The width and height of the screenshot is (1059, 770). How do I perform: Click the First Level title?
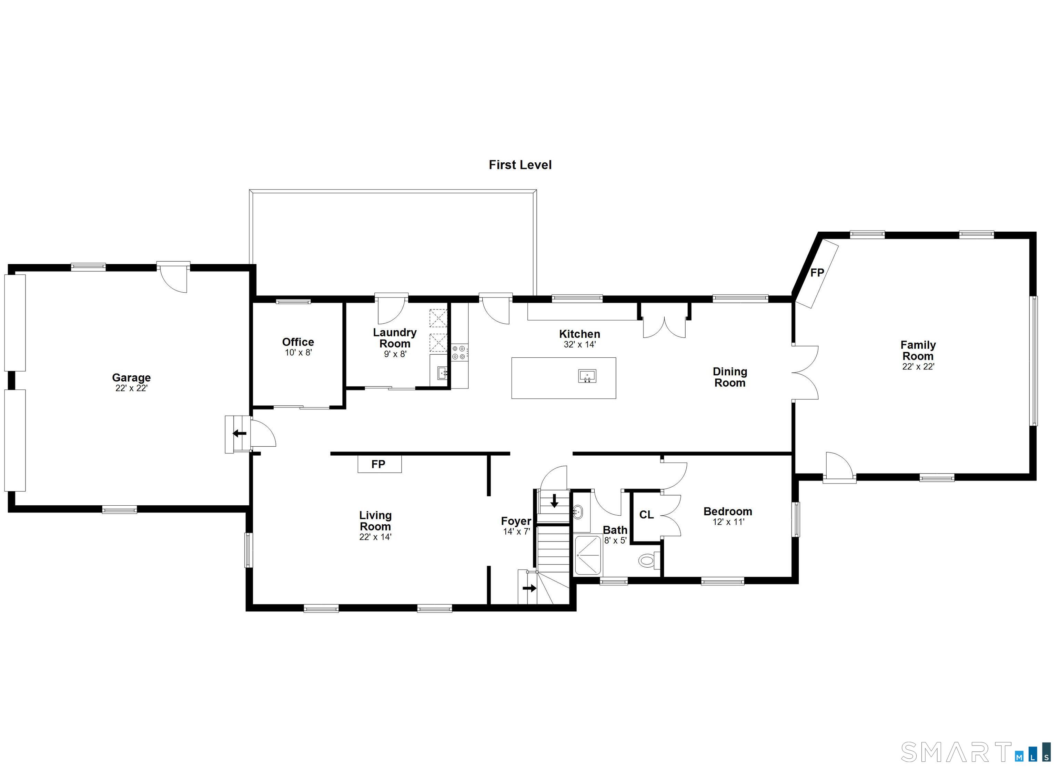tap(520, 165)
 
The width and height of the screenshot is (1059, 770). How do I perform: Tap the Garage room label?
tap(131, 377)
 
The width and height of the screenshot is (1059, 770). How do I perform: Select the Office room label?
tap(298, 342)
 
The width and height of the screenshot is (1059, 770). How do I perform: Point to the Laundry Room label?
tap(395, 338)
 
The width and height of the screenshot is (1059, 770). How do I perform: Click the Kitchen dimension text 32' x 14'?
tap(579, 345)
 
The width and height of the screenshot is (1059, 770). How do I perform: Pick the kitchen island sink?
tap(587, 376)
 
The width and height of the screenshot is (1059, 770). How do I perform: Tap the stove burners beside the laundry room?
tap(459, 352)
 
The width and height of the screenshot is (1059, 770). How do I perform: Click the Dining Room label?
tap(730, 377)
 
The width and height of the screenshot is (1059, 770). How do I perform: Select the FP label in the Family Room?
tap(817, 273)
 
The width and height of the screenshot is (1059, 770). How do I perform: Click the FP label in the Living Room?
tap(378, 464)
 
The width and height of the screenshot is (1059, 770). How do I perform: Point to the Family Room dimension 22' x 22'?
tap(918, 366)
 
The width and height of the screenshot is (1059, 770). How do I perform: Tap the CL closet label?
tap(646, 515)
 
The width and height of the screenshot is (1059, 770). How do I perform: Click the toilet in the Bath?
tap(649, 560)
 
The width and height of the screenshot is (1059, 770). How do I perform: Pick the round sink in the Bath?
tap(577, 512)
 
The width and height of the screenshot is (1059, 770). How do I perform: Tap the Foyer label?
tap(516, 521)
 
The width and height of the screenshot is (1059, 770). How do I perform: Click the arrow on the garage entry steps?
tap(240, 433)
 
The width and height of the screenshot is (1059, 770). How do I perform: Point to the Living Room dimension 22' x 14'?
tap(375, 537)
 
